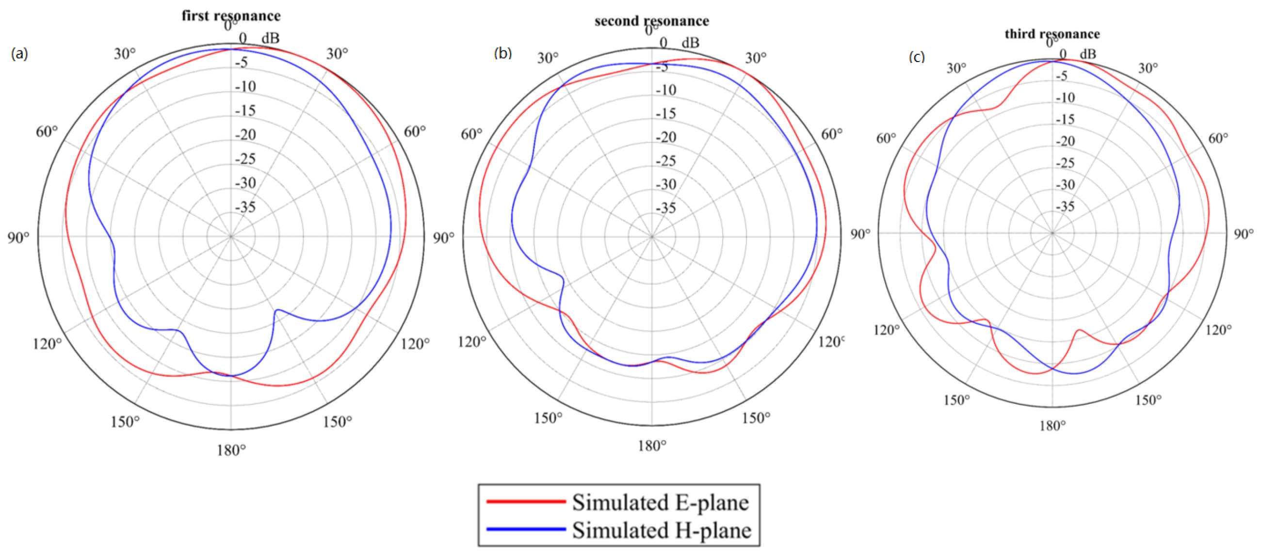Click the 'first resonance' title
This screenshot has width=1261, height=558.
point(231,16)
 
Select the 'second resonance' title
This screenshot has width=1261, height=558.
point(651,21)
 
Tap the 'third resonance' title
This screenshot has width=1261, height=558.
point(1052,34)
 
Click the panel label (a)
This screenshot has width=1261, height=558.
point(19,53)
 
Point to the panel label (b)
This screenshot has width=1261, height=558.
point(503,53)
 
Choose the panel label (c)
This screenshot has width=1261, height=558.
point(916,57)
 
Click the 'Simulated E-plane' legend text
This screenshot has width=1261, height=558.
point(661,503)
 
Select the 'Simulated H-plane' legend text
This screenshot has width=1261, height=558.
point(662,530)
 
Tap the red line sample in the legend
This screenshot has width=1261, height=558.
point(526,502)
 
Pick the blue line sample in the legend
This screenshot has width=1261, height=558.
point(526,529)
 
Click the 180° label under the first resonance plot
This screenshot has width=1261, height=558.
point(231,450)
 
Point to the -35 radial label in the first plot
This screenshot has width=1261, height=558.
point(245,207)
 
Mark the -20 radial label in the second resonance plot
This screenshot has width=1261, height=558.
point(666,137)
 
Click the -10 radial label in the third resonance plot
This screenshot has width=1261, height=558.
point(1065,98)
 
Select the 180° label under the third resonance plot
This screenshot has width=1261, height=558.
point(1052,426)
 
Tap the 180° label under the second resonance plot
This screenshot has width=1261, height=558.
point(651,446)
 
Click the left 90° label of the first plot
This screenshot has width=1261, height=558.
point(18,238)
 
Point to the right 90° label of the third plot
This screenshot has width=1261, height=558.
point(1244,234)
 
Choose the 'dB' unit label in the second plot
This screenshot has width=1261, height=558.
point(690,43)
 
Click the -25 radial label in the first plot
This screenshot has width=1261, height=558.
point(245,159)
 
